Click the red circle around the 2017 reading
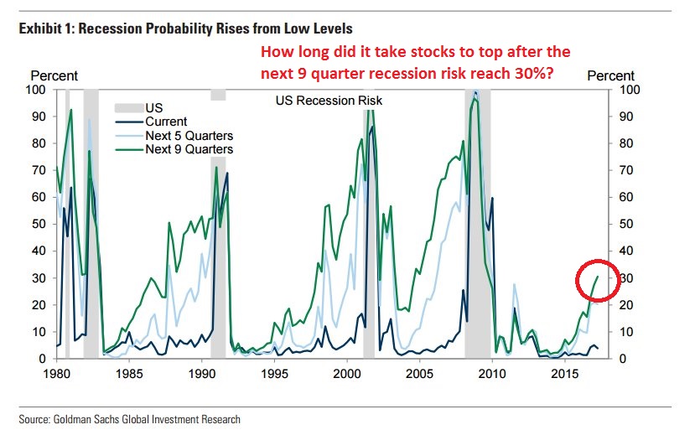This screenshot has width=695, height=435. tap(599, 282)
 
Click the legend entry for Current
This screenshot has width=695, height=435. tap(165, 122)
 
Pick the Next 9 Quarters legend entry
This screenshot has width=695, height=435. tap(189, 149)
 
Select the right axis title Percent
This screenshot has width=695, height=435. tap(610, 76)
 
